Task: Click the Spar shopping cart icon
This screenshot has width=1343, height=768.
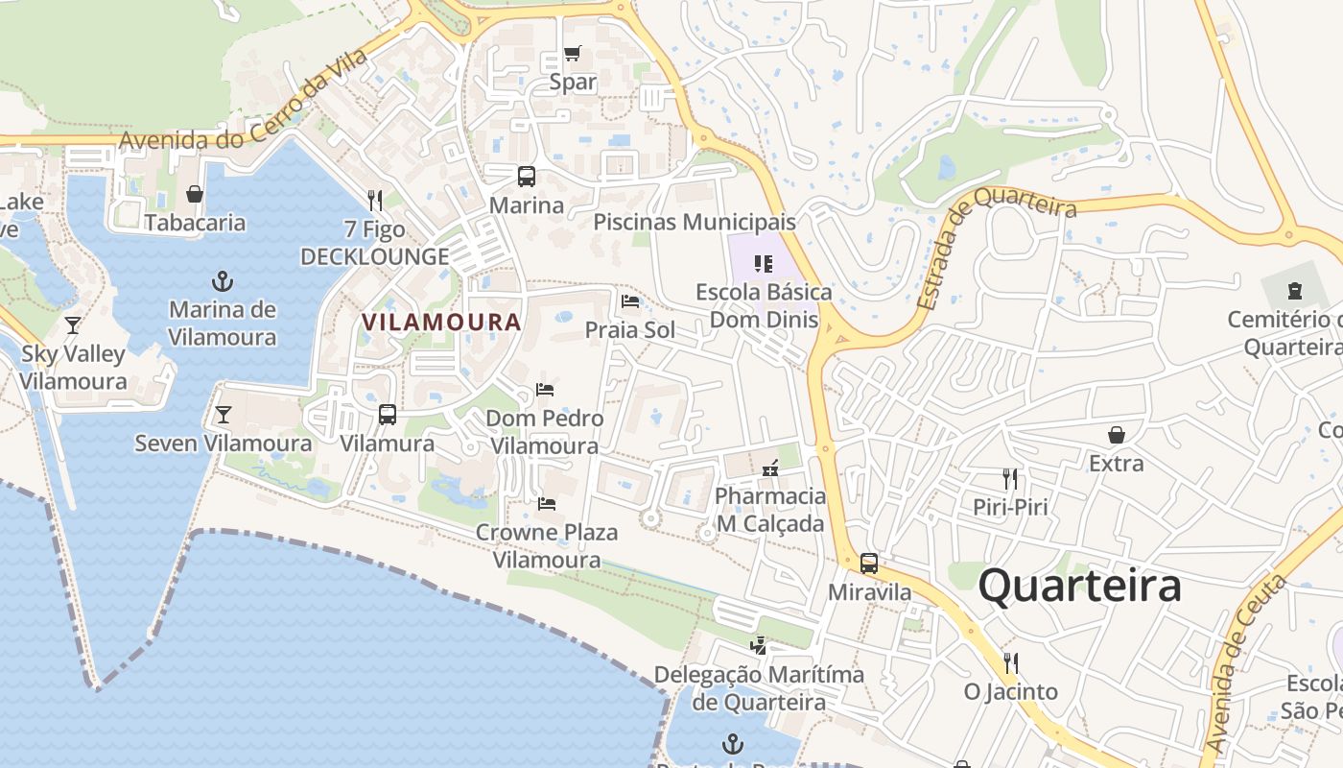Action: tap(572, 54)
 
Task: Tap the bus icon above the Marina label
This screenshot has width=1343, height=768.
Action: tap(527, 177)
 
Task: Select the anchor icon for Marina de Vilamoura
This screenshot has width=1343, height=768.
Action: tap(223, 281)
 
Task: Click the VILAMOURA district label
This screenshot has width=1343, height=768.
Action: tap(441, 323)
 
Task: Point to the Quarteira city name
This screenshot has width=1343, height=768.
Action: tap(1079, 586)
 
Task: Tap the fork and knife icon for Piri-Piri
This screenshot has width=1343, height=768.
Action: tap(1009, 478)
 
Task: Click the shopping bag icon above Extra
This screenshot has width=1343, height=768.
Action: tap(1117, 435)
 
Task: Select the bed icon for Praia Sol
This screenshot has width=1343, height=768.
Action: tap(630, 301)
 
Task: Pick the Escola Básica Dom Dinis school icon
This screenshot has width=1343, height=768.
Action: tap(764, 263)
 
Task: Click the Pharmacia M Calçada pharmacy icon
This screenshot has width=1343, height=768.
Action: tap(769, 468)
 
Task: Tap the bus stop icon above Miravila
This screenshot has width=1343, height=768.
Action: tap(869, 564)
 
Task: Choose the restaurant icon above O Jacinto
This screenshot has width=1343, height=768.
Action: tap(1010, 662)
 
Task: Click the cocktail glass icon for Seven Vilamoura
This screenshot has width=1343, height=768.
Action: tap(224, 415)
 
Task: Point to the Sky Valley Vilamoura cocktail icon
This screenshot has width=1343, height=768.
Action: tap(73, 325)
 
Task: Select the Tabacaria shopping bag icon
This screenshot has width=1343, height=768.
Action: tap(195, 195)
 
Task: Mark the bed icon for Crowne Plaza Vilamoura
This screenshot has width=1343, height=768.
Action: tap(547, 503)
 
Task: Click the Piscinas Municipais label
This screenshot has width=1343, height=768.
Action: tap(694, 223)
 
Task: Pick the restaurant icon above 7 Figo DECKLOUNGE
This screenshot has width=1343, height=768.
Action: tap(375, 201)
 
